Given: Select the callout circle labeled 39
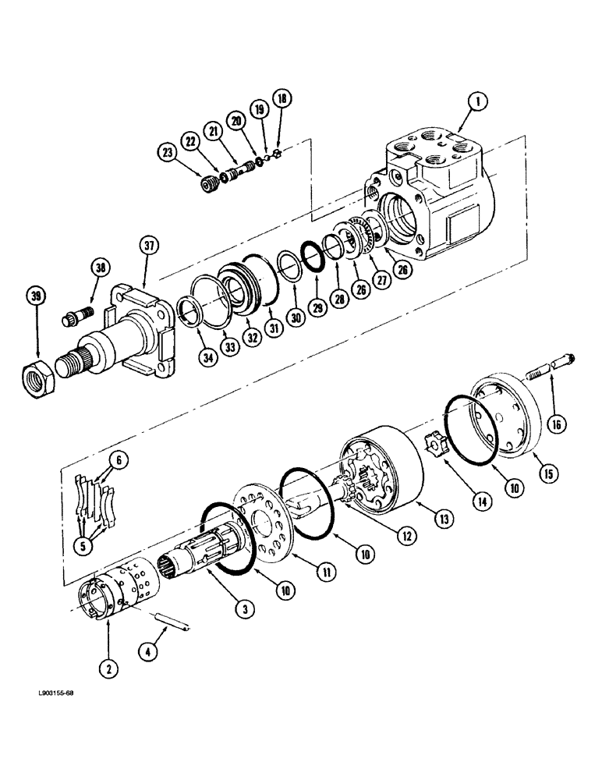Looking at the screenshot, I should point(35,297).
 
